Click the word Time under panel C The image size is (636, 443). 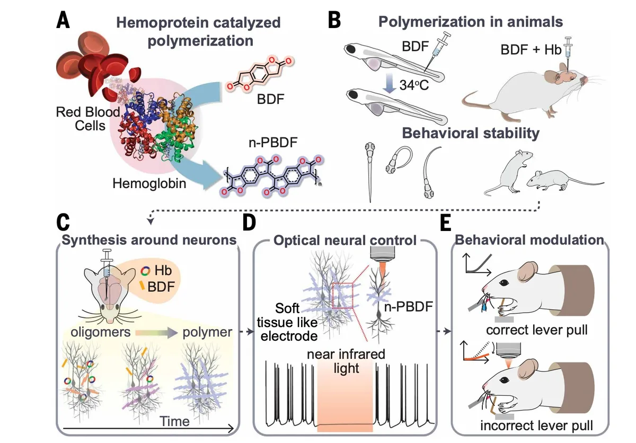[175, 421]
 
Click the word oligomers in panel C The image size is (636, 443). [96, 333]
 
